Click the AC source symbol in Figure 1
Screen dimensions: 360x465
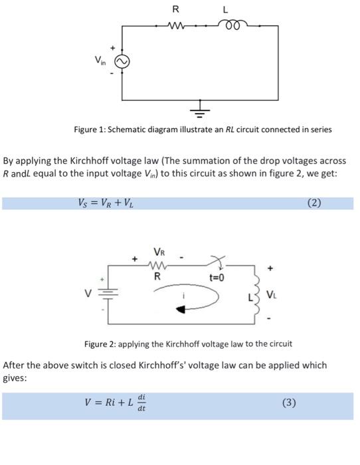[122, 61]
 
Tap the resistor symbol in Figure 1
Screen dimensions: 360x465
[177, 27]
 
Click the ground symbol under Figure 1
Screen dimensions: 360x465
[201, 108]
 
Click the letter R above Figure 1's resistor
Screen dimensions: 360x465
[175, 9]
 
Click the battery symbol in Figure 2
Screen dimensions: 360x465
[107, 294]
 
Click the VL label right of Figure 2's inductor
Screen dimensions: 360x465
[272, 294]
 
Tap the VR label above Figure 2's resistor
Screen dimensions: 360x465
[159, 252]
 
